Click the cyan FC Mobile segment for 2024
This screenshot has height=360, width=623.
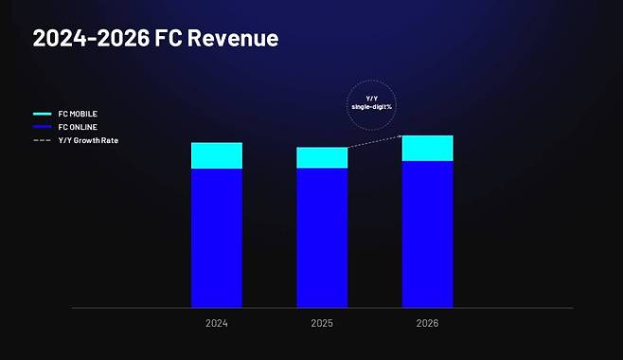217,155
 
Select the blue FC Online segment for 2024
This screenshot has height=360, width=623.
217,238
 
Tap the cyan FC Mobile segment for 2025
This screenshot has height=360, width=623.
322,157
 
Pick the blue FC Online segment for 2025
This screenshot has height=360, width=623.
322,238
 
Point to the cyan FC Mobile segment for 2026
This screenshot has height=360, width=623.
427,148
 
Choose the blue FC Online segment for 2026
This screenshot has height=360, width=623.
427,234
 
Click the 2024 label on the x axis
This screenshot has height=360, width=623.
217,324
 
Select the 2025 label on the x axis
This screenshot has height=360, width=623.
322,324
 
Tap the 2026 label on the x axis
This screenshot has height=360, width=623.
427,324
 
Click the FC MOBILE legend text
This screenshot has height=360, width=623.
78,114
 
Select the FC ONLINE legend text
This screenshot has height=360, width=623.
78,127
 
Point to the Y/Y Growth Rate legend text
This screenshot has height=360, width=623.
87,140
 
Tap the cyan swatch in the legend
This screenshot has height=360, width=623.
42,114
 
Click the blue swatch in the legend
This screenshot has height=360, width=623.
42,127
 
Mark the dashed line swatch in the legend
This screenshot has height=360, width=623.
42,140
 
